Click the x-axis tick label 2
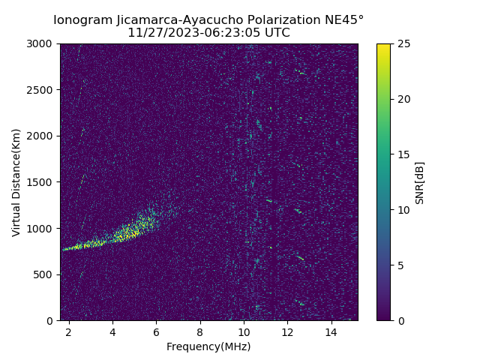[x=69, y=331]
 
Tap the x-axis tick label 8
[x=200, y=331]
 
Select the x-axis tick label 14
[x=331, y=331]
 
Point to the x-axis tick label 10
[x=244, y=331]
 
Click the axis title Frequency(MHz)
[x=208, y=346]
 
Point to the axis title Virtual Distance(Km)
[x=16, y=182]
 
